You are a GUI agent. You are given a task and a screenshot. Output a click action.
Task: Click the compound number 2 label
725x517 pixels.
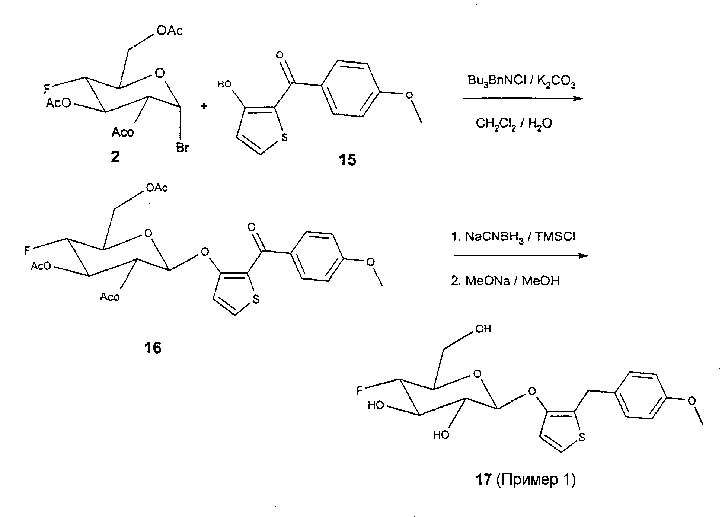(x=115, y=157)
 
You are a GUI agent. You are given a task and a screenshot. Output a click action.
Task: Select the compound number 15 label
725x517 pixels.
(x=347, y=160)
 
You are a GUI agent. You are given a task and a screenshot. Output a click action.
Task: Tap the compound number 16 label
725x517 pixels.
(x=153, y=348)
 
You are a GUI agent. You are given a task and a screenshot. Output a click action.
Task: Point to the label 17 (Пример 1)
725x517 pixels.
(x=526, y=479)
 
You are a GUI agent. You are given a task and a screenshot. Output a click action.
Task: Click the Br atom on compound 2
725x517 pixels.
(x=182, y=148)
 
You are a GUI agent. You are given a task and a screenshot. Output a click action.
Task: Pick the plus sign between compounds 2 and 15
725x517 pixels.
(x=204, y=106)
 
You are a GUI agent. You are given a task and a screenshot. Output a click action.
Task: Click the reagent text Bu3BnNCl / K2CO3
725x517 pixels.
(x=522, y=81)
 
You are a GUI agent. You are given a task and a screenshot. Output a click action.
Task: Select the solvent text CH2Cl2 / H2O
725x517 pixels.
(x=514, y=123)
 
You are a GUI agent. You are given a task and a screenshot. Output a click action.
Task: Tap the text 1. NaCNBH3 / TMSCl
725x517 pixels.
(x=513, y=237)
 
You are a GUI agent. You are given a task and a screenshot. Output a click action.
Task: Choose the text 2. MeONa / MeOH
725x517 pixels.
(x=505, y=280)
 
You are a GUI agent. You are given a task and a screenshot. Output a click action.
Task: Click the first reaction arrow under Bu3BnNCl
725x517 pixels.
(x=523, y=99)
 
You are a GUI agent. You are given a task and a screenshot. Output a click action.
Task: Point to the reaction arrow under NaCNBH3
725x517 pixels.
(x=521, y=256)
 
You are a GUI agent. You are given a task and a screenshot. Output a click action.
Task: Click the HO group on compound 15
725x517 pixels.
(x=224, y=84)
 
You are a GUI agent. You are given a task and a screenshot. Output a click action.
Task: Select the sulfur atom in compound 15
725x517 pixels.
(x=284, y=137)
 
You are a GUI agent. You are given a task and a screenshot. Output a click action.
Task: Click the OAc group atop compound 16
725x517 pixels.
(x=157, y=188)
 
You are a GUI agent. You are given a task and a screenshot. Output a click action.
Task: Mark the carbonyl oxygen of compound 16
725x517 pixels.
(x=252, y=227)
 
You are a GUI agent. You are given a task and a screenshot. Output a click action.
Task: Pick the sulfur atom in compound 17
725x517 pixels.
(x=582, y=437)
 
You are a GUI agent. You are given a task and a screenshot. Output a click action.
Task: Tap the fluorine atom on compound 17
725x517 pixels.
(x=360, y=390)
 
